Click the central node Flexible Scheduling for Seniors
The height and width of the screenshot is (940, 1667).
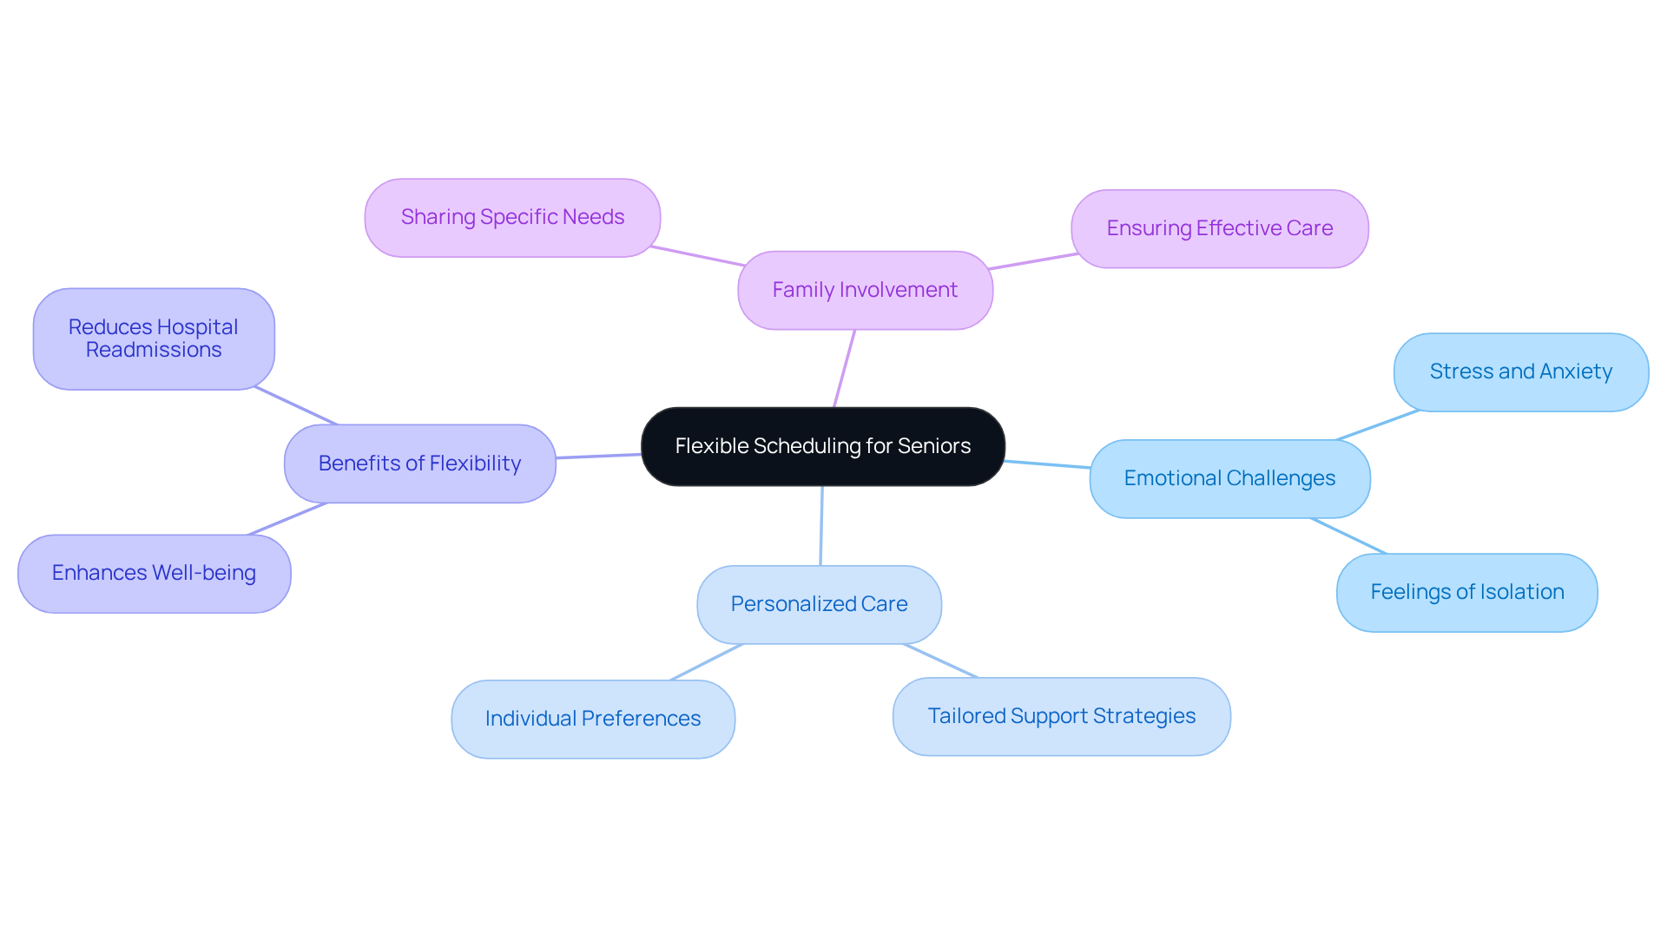coord(822,446)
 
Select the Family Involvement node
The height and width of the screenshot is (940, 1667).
coord(865,290)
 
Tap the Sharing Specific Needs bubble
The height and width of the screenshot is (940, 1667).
coord(512,217)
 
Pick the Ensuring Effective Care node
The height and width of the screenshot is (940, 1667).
coord(1219,228)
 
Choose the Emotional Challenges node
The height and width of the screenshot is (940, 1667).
coord(1229,478)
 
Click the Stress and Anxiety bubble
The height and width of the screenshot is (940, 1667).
coord(1520,371)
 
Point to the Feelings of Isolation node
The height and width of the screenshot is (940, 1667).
coord(1466,592)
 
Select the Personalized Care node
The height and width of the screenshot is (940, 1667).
coord(819,604)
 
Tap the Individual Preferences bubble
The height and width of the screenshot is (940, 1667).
coord(592,719)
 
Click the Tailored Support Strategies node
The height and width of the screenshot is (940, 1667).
coord(1061,716)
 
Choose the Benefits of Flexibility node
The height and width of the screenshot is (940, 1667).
coord(419,463)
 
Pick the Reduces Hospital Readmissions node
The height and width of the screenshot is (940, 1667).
coord(154,339)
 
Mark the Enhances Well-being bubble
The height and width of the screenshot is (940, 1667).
coord(154,573)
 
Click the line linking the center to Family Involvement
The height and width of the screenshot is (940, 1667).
coord(844,369)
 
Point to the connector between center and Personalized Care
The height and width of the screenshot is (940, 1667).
coord(821,526)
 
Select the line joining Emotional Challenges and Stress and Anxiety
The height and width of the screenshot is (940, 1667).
coord(1378,425)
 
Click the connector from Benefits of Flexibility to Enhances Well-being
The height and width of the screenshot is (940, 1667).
coord(287,519)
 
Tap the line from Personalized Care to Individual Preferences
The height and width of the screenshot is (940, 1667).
coord(707,662)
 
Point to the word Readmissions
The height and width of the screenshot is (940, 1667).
coord(154,350)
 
